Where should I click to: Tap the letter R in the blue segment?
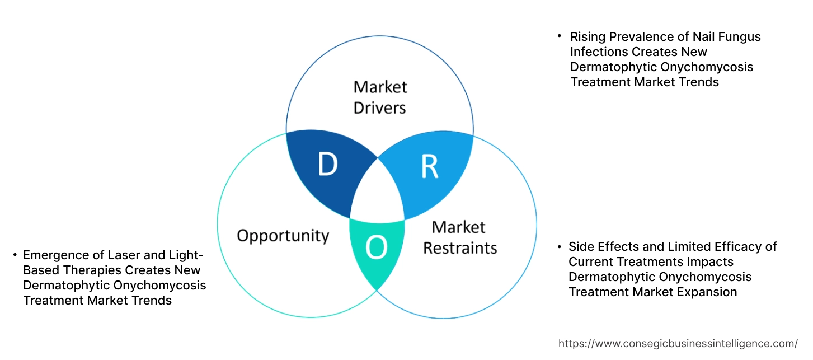click(429, 166)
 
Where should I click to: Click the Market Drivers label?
click(380, 97)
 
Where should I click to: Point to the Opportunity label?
click(283, 235)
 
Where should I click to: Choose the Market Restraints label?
click(459, 237)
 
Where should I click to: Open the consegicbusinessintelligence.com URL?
click(678, 344)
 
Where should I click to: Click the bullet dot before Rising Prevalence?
click(559, 35)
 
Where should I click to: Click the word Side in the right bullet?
click(581, 247)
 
